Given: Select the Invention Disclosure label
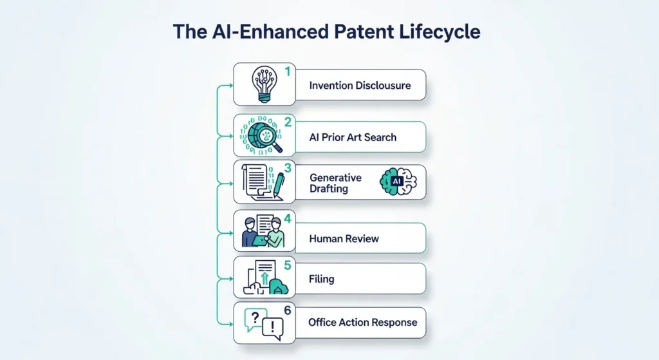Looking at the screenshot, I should [x=359, y=86].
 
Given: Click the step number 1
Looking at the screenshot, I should [x=288, y=71].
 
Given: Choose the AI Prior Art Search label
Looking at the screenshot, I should [x=353, y=137].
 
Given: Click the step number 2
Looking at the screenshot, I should [x=288, y=122].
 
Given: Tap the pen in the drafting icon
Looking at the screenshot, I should [x=277, y=186].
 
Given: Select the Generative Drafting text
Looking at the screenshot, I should [x=335, y=183].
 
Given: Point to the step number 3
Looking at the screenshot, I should [x=288, y=168].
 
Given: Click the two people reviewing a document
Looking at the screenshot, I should [x=262, y=232].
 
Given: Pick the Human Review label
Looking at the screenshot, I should [x=344, y=238].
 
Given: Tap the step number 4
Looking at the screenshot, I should [x=288, y=218].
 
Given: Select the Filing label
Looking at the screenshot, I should [x=321, y=279].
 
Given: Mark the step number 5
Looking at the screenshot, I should [x=288, y=264].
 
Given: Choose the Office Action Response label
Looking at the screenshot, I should [x=362, y=322].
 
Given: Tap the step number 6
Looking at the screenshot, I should [x=288, y=310].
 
